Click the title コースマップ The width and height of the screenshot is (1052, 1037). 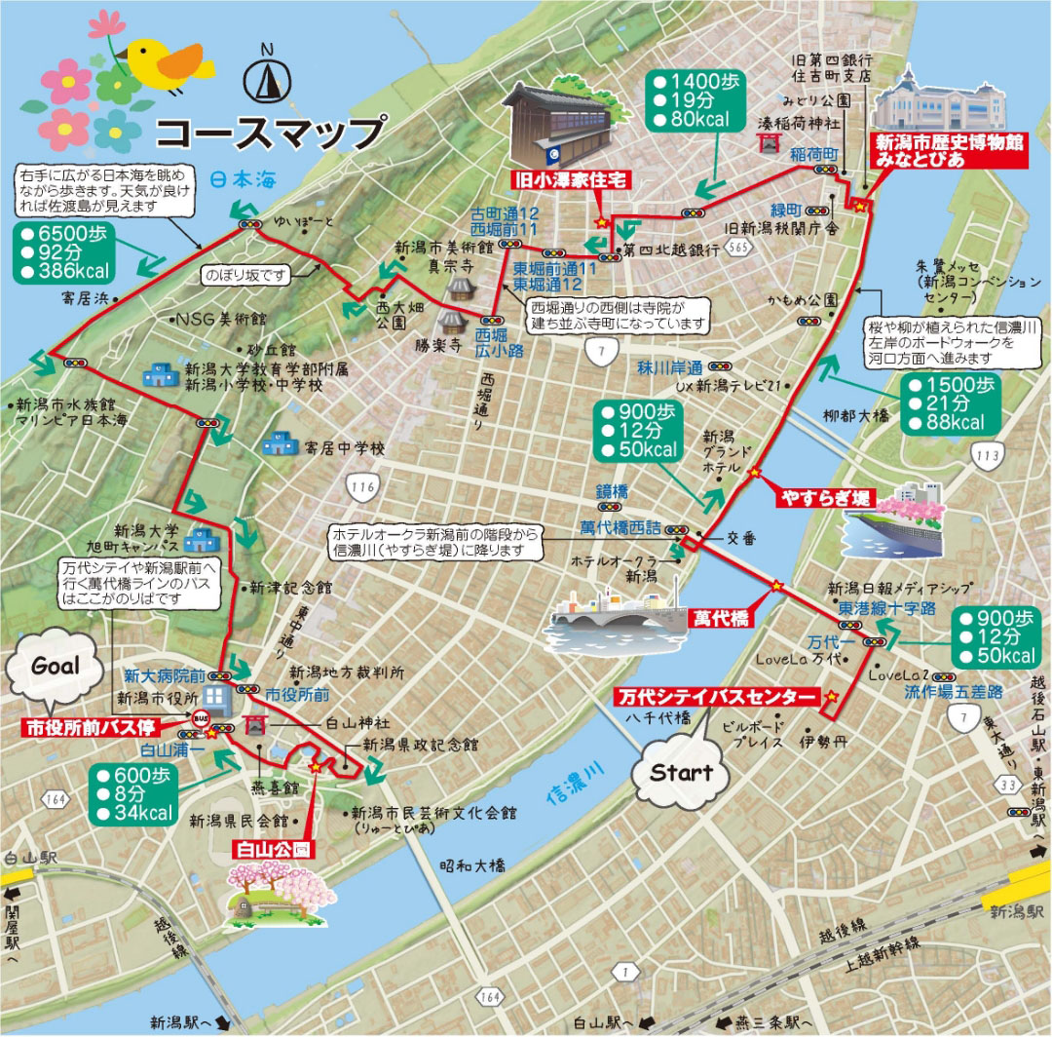[269, 132]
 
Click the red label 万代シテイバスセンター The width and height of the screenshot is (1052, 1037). [715, 696]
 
